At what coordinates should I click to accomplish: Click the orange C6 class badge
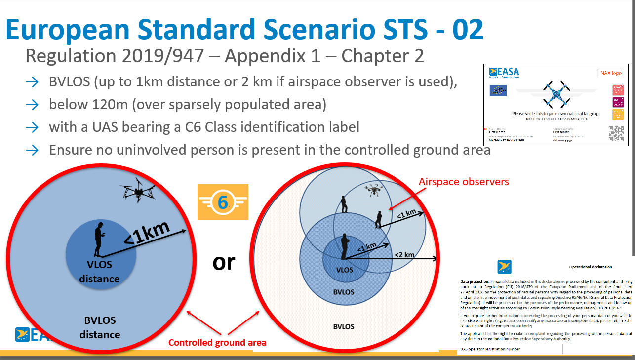pyautogui.click(x=222, y=202)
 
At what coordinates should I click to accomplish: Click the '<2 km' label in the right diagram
pyautogui.click(x=404, y=254)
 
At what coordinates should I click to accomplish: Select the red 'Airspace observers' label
pyautogui.click(x=463, y=182)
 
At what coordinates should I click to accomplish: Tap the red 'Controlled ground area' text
pyautogui.click(x=217, y=342)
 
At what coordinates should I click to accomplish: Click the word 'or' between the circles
pyautogui.click(x=224, y=262)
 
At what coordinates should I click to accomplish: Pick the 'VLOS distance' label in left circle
pyautogui.click(x=100, y=272)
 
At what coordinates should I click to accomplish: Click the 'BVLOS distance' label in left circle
pyautogui.click(x=100, y=327)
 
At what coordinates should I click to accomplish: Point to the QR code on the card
pyautogui.click(x=616, y=133)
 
